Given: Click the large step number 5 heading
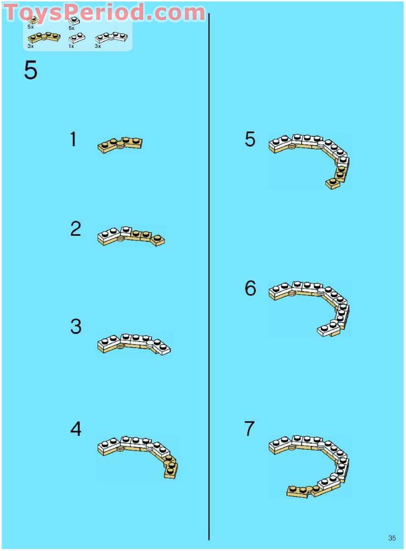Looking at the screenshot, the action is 30,71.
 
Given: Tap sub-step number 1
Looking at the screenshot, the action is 73,139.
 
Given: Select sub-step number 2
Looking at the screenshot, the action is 76,229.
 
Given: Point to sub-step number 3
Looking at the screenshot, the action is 76,326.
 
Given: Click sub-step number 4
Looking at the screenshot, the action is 76,429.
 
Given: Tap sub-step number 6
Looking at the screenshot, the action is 250,289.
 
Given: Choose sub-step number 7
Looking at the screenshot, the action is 249,428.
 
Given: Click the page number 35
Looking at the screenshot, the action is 392,538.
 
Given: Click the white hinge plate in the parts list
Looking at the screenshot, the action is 111,37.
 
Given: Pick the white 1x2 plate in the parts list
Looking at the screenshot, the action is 77,37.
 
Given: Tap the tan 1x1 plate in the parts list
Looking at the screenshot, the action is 32,20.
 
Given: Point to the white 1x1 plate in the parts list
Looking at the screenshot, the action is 74,20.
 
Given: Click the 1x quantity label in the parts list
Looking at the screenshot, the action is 72,46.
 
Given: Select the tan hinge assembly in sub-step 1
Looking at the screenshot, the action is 120,145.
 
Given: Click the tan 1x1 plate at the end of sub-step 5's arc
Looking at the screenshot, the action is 333,184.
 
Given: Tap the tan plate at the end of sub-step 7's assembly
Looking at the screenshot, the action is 298,492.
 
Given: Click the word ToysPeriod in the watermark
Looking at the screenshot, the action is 74,12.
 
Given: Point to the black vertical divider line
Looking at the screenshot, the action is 209,277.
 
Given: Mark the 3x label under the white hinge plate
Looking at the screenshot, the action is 98,46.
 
